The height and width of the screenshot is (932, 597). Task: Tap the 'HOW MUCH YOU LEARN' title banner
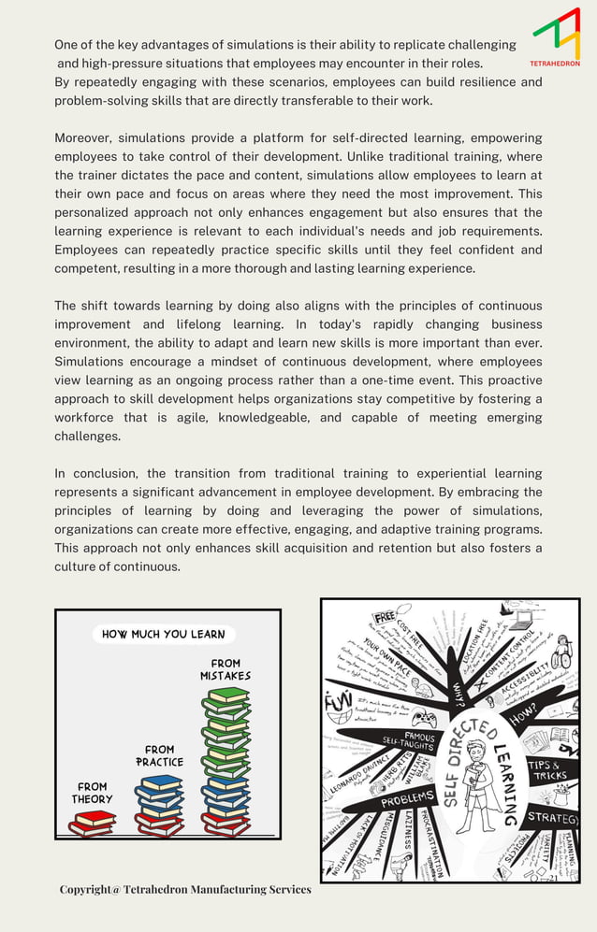tap(163, 634)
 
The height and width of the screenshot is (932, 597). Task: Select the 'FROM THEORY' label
tap(92, 793)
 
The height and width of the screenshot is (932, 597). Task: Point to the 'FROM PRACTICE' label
tap(159, 755)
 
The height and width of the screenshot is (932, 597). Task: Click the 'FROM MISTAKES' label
tap(225, 669)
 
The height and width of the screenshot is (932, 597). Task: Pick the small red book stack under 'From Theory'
tap(92, 823)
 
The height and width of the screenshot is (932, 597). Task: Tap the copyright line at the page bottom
tap(185, 889)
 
